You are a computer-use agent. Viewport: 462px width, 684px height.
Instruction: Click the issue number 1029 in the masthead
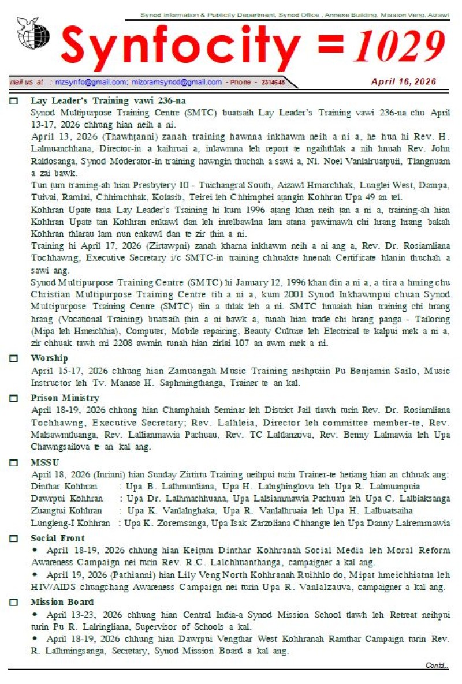pos(403,46)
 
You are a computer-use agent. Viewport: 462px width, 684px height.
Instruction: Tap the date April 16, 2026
pos(404,81)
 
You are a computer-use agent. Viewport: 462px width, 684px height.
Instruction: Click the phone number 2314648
pos(269,83)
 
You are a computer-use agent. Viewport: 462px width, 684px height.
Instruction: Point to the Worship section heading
pos(49,358)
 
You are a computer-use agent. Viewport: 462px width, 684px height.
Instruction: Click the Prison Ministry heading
pos(65,398)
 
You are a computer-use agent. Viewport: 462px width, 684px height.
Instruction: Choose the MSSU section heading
pos(45,462)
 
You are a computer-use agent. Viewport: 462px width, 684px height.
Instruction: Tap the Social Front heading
pos(57,539)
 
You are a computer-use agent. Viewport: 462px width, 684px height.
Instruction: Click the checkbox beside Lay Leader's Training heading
pos(14,100)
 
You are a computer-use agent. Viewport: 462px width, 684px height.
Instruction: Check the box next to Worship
pos(14,358)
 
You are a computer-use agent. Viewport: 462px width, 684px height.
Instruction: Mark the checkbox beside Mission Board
pos(14,603)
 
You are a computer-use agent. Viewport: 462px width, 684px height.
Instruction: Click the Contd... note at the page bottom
pos(437,666)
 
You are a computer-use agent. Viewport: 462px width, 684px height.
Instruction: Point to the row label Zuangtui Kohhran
pos(66,510)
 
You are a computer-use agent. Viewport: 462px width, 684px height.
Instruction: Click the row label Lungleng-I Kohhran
pos(70,523)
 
